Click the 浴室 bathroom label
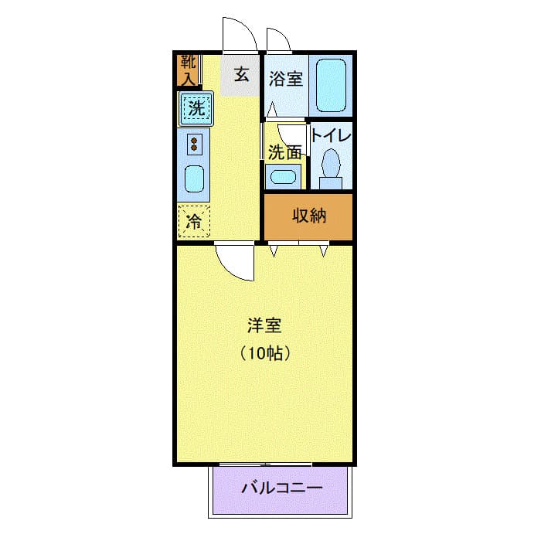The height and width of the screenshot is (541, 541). point(285,79)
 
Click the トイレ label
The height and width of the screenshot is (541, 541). point(331,134)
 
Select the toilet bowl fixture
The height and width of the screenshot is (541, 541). point(331,166)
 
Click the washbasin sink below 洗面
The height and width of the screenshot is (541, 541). point(283,176)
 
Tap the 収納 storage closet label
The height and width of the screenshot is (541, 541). point(308,216)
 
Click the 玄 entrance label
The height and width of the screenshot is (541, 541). point(240,75)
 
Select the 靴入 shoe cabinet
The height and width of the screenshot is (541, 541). point(187,70)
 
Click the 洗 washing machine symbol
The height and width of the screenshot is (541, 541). point(196,108)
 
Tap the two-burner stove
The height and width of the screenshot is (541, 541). point(195,143)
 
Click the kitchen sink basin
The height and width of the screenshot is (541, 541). point(196,182)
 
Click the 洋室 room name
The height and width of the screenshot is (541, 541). point(264,325)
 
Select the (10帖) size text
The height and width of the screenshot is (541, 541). point(264,354)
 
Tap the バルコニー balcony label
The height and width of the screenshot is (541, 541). point(281,488)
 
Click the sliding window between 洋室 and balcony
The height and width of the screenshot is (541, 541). point(264,465)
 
